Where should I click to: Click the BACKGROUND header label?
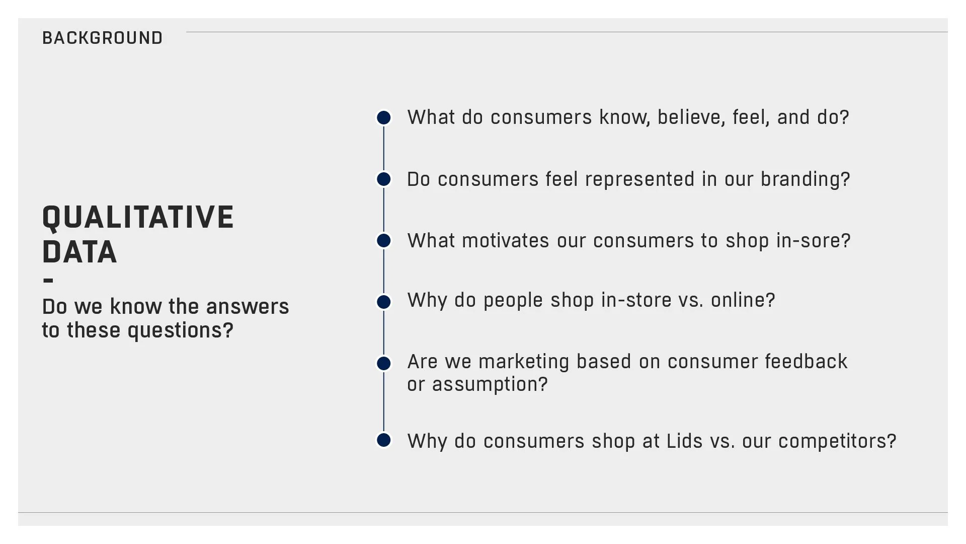pos(102,38)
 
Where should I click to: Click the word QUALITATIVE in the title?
pos(138,218)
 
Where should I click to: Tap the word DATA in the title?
pos(79,252)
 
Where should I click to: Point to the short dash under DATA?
pos(48,281)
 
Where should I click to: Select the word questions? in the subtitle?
pos(180,330)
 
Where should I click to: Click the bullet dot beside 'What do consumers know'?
pos(384,118)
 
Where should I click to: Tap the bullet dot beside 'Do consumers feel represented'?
pos(384,179)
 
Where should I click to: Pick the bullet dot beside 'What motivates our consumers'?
pos(384,241)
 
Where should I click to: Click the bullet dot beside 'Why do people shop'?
pos(384,302)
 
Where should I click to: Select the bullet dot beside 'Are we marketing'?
pos(384,363)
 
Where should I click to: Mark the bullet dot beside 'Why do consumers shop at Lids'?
pos(384,440)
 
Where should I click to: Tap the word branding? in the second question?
pos(805,179)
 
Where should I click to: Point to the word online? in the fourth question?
pos(743,300)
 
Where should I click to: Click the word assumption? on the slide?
pos(490,385)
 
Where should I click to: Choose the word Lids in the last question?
pos(684,441)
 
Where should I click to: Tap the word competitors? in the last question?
pos(837,441)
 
